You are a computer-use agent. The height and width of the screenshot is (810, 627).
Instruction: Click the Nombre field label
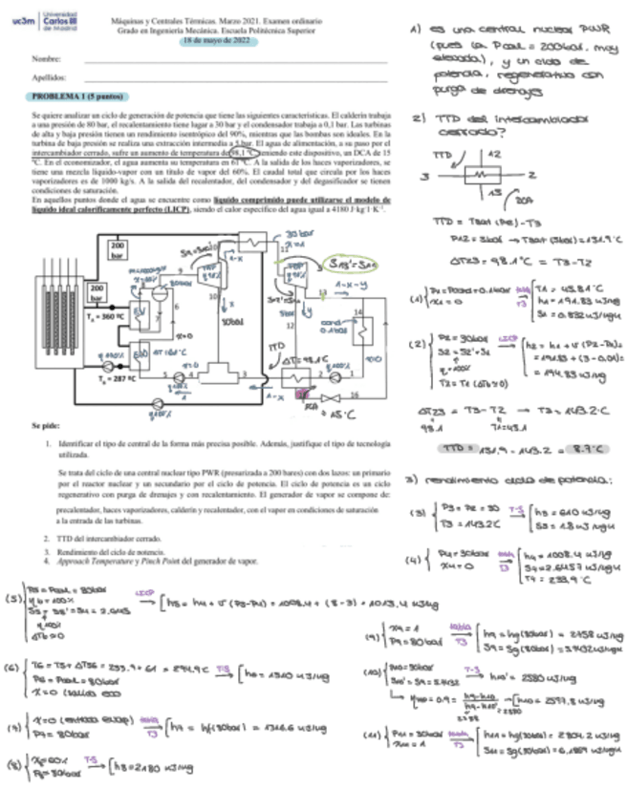[x=47, y=59]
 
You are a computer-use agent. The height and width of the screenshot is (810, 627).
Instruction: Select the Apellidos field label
[x=50, y=77]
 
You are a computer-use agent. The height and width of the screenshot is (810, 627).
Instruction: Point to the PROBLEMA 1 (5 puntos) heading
[x=76, y=96]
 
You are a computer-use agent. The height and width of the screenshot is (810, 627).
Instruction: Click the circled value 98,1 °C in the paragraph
[x=244, y=151]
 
